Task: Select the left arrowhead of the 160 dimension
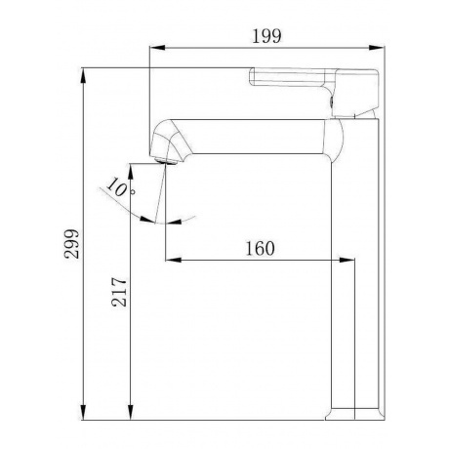pyautogui.click(x=172, y=260)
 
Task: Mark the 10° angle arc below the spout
pyautogui.click(x=146, y=210)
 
